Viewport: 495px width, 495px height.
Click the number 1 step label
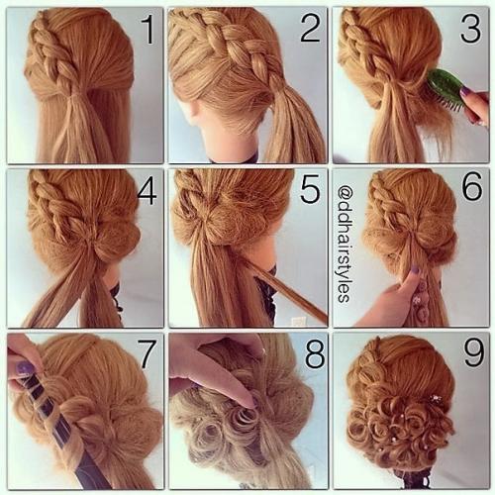click(x=148, y=31)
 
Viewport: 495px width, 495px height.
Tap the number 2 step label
click(x=310, y=28)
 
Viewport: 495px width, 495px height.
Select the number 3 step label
click(x=471, y=29)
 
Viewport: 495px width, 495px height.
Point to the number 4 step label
click(x=147, y=190)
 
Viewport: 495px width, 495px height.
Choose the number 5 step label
click(x=310, y=189)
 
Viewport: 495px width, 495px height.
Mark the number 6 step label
click(x=472, y=186)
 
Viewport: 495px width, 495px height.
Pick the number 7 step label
click(x=147, y=353)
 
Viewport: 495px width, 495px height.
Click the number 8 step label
click(x=315, y=354)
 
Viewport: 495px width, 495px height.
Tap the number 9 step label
click(x=474, y=352)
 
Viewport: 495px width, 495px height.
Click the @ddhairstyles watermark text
click(x=344, y=244)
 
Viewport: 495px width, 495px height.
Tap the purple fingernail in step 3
click(x=465, y=91)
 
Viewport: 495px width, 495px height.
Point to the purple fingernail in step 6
click(x=415, y=270)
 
